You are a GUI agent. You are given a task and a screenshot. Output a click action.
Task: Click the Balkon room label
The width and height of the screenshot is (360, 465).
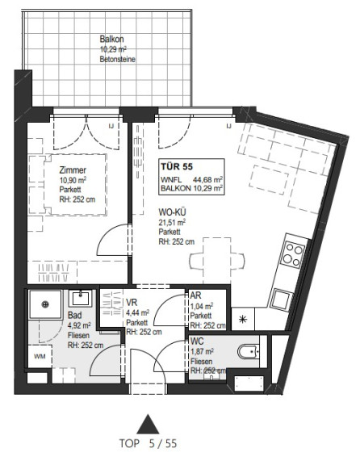tap(111, 39)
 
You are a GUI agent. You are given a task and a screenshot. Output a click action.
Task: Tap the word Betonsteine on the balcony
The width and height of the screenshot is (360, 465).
tap(117, 59)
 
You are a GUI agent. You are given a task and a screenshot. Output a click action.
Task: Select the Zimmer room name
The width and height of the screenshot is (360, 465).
tap(73, 170)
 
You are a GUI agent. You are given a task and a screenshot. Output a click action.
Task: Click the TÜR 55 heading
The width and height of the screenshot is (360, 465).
tap(177, 166)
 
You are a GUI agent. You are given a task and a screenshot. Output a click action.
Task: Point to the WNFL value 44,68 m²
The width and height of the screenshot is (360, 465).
tap(208, 179)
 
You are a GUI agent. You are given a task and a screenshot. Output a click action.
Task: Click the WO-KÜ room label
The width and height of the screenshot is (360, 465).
tap(172, 212)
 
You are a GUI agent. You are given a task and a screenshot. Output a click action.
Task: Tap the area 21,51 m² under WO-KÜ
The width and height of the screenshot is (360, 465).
tap(172, 222)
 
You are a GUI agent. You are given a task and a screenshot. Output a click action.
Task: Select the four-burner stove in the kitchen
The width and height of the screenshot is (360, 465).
tap(293, 254)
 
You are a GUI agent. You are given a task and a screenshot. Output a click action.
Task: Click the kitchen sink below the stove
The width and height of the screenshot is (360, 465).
tap(281, 300)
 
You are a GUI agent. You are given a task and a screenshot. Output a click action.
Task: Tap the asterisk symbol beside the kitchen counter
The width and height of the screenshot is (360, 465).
tap(243, 319)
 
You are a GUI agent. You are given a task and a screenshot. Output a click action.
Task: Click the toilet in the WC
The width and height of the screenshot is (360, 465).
tap(249, 352)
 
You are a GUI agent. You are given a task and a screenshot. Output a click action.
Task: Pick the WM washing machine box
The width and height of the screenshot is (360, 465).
tap(40, 356)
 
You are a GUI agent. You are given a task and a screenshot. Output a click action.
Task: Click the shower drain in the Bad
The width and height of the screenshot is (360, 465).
tap(45, 304)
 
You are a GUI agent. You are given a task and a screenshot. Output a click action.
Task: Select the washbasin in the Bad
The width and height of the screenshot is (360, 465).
tap(81, 299)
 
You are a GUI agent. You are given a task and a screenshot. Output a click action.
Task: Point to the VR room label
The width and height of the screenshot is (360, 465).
tap(132, 302)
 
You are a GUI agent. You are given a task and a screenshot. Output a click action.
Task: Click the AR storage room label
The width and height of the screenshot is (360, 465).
tap(195, 295)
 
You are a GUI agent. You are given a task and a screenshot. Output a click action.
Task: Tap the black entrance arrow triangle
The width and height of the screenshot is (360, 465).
tap(148, 425)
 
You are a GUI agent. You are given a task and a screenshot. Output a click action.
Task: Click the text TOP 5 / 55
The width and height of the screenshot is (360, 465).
tap(148, 444)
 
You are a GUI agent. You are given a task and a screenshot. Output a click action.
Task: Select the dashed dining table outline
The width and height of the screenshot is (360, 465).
tap(217, 261)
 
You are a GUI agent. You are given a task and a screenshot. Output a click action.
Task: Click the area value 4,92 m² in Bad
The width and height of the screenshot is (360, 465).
tap(79, 325)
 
